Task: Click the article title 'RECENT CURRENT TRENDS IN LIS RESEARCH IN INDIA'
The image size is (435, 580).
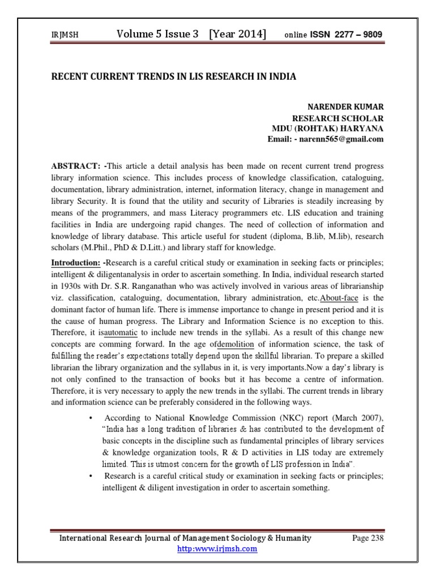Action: (x=174, y=76)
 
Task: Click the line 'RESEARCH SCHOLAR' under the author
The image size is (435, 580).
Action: (x=337, y=118)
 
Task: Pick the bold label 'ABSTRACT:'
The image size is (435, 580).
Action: (x=76, y=165)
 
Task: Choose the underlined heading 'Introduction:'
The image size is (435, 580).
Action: (x=76, y=263)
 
